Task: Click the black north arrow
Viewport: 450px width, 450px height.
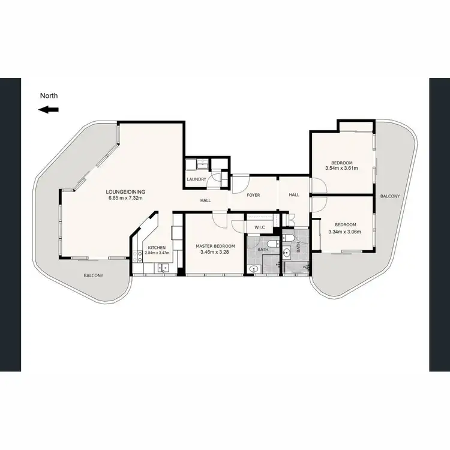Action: [49, 109]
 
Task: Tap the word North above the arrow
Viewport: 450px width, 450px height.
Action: [49, 95]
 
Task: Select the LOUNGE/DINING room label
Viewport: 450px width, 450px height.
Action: [127, 192]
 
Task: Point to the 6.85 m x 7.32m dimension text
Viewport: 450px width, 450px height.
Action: [127, 199]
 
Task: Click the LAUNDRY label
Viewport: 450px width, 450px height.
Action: [197, 179]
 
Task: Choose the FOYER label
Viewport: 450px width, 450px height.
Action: [253, 195]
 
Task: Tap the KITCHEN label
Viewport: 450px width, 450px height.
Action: [157, 247]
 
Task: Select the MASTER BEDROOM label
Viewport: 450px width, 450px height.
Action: [215, 246]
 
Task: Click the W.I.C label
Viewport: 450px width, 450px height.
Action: [260, 227]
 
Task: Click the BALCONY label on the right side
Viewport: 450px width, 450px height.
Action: [389, 196]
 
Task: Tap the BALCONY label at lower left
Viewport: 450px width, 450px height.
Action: [93, 275]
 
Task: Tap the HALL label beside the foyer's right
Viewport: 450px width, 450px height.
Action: [294, 195]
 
